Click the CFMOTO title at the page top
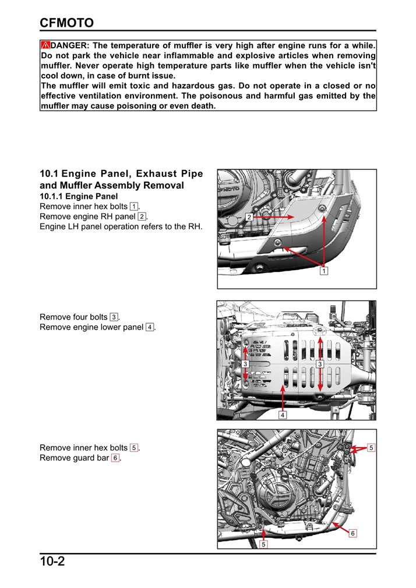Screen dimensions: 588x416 pyautogui.click(x=66, y=23)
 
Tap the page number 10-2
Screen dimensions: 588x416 pyautogui.click(x=52, y=562)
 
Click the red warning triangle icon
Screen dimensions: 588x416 pyautogui.click(x=45, y=45)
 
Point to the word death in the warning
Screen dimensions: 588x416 pyautogui.click(x=202, y=106)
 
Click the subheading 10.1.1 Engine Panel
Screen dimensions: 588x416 pyautogui.click(x=79, y=197)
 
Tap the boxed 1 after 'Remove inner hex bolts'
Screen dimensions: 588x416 pyautogui.click(x=134, y=207)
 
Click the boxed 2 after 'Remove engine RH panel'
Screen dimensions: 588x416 pyautogui.click(x=142, y=217)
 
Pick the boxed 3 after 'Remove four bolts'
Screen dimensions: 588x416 pyautogui.click(x=114, y=317)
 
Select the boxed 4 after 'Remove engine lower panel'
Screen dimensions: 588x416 pyautogui.click(x=150, y=327)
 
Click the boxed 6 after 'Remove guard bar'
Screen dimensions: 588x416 pyautogui.click(x=115, y=458)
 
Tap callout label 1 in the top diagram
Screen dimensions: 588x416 pyautogui.click(x=324, y=271)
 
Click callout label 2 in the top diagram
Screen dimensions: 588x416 pyautogui.click(x=248, y=217)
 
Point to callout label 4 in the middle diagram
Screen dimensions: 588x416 pyautogui.click(x=283, y=415)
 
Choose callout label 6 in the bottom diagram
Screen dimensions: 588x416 pyautogui.click(x=353, y=533)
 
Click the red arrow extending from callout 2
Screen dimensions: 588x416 pyautogui.click(x=274, y=217)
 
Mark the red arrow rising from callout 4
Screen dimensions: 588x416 pyautogui.click(x=283, y=396)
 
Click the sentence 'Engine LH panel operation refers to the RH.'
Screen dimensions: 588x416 pyautogui.click(x=121, y=226)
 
